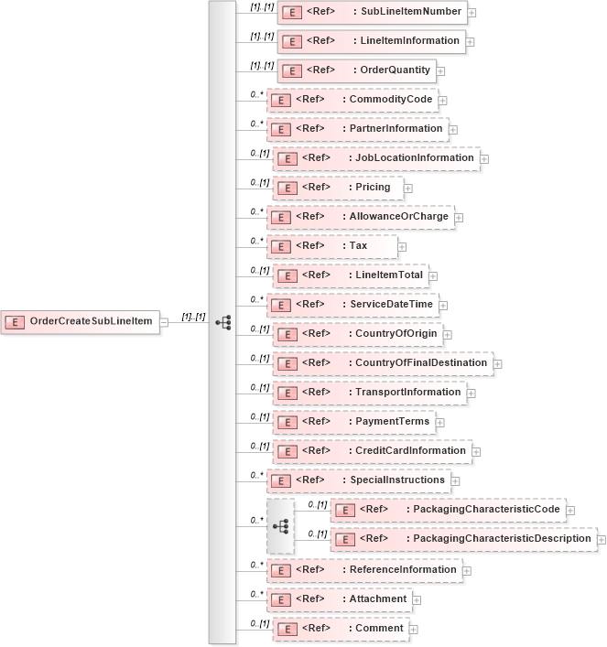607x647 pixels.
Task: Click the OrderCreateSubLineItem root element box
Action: click(x=81, y=321)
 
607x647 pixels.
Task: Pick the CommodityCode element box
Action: click(x=352, y=100)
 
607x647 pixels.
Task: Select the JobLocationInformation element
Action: click(x=375, y=158)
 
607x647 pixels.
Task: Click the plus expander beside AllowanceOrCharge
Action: click(x=460, y=218)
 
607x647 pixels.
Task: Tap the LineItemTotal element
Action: click(x=352, y=275)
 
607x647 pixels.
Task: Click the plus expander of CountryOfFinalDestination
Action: click(x=498, y=364)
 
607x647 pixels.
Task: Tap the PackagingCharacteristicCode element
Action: click(x=449, y=510)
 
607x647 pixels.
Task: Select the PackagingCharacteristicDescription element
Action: click(x=463, y=539)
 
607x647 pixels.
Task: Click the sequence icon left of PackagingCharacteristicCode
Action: click(x=281, y=526)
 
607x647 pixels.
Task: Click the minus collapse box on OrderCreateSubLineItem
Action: click(x=165, y=322)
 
